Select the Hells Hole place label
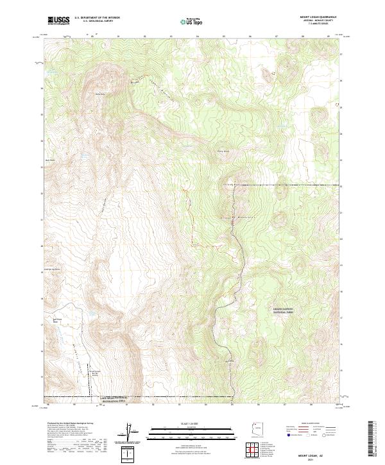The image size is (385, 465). (x=99, y=94)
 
